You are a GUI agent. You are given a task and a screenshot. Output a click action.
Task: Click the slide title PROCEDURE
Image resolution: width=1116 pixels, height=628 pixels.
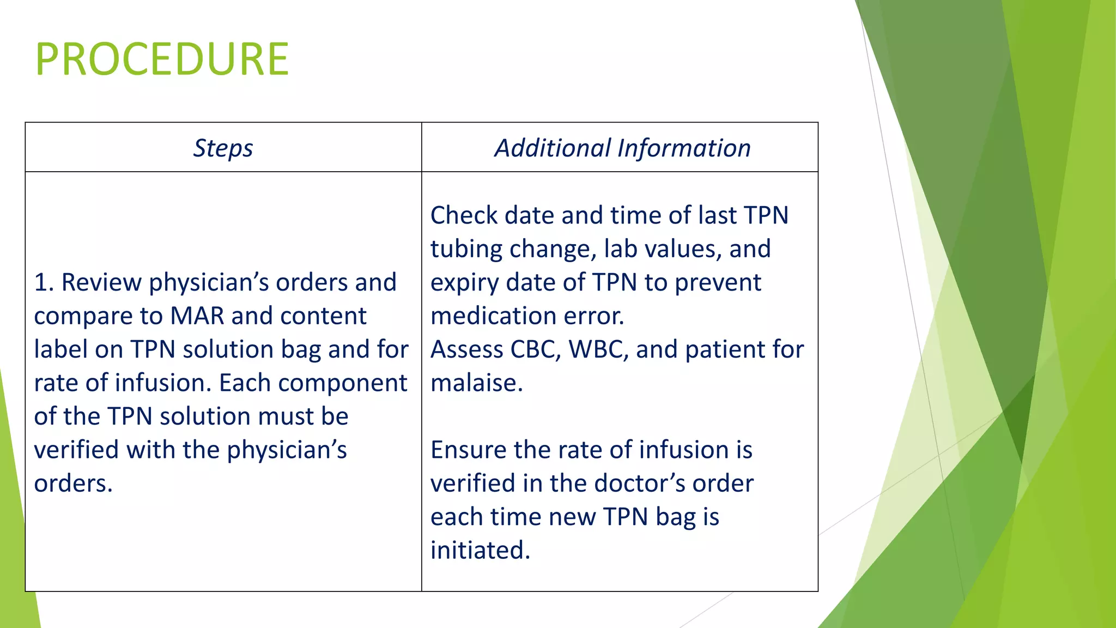click(162, 59)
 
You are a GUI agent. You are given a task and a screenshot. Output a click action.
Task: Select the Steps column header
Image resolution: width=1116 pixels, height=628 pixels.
click(223, 148)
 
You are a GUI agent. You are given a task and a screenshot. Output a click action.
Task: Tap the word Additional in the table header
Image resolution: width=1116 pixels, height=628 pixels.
click(553, 148)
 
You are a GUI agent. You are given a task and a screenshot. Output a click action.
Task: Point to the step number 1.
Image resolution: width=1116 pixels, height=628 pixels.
click(43, 283)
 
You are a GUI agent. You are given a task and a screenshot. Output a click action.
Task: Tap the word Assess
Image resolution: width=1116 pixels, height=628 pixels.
click(465, 349)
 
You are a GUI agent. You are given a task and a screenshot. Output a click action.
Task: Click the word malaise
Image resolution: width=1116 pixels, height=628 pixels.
click(476, 383)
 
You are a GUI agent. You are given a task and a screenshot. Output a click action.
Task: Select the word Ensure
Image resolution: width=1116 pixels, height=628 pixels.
click(468, 450)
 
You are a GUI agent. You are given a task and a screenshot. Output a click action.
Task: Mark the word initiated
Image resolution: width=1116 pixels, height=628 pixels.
click(480, 551)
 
